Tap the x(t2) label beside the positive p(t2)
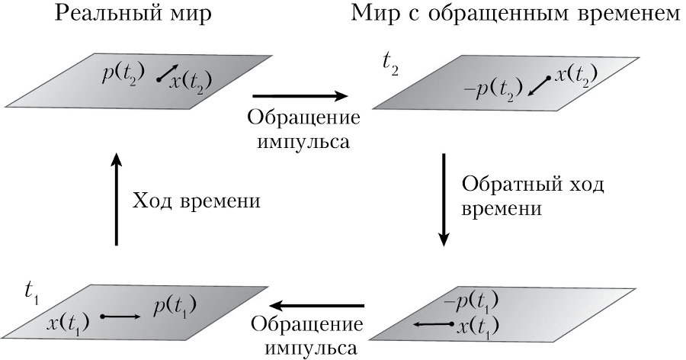pyautogui.click(x=191, y=81)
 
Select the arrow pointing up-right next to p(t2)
pyautogui.click(x=168, y=73)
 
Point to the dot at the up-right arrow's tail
pyautogui.click(x=159, y=79)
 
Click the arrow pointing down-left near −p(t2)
pyautogui.click(x=537, y=86)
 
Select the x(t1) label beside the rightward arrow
pyautogui.click(x=68, y=323)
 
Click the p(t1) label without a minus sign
pyautogui.click(x=175, y=308)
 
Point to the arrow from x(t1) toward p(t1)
pyautogui.click(x=120, y=316)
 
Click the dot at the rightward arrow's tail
pyautogui.click(x=103, y=316)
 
